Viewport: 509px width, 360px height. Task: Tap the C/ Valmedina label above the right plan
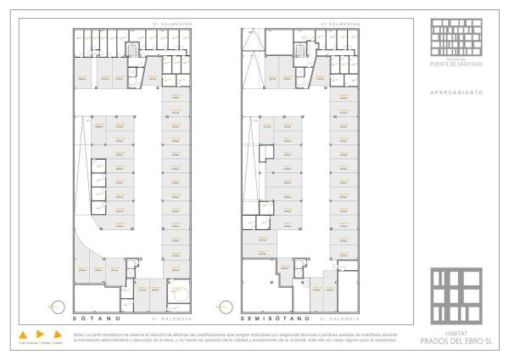click(337, 24)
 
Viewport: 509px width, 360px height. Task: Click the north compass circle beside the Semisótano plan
click(226, 303)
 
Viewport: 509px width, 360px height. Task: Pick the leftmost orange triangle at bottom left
click(24, 334)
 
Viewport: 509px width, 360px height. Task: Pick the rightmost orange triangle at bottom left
click(58, 334)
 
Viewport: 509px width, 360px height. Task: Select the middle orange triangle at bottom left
click(41, 334)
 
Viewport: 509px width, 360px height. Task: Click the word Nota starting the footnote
click(79, 334)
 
